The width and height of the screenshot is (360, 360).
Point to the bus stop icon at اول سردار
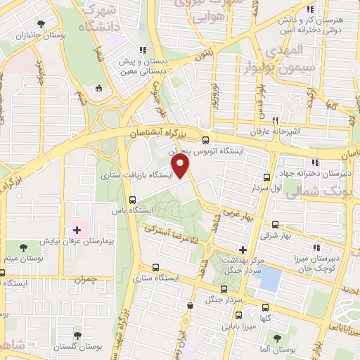click(x=266, y=177)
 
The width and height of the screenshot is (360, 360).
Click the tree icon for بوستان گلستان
click(x=77, y=335)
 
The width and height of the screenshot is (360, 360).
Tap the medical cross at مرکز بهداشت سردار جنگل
click(x=243, y=249)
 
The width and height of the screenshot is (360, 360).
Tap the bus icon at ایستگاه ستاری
click(x=155, y=267)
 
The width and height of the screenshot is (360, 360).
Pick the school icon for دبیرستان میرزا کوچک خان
click(x=317, y=247)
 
